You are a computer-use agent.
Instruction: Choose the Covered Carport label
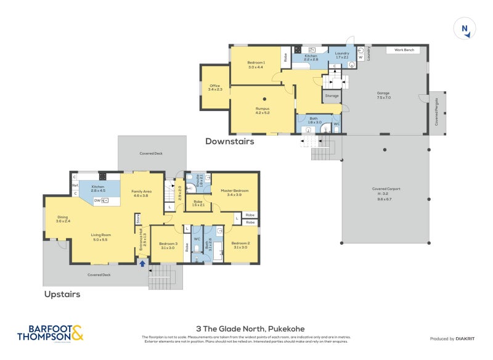pyautogui.click(x=385, y=190)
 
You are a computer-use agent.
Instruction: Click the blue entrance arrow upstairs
pyautogui.click(x=142, y=264)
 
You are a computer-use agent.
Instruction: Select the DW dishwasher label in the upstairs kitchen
pyautogui.click(x=97, y=200)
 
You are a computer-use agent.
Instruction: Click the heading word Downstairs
pyautogui.click(x=229, y=141)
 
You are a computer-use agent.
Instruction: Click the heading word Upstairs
pyautogui.click(x=62, y=294)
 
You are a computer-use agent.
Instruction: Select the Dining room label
pyautogui.click(x=62, y=217)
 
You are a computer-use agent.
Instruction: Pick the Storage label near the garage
pyautogui.click(x=332, y=96)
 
